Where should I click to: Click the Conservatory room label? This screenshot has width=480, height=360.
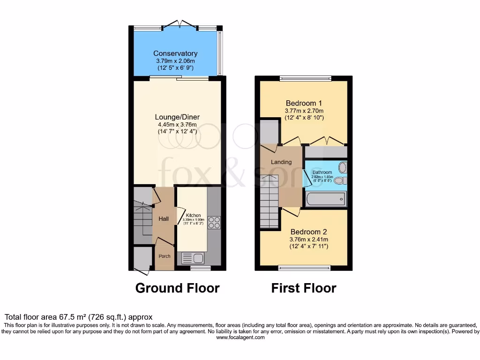coord(176,53)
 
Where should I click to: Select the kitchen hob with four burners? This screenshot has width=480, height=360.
coord(214,223)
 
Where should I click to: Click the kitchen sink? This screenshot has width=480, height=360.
coord(192,257)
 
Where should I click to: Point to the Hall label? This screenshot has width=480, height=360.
coord(164,219)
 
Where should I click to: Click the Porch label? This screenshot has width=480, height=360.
coord(164,256)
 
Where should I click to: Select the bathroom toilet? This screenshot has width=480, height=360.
coord(340,180)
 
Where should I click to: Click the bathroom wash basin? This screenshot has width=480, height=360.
coord(343,167)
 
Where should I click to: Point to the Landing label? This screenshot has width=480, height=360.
coord(281,162)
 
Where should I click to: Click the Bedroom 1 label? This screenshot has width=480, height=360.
coord(304,103)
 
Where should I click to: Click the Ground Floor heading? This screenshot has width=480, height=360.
coord(177,288)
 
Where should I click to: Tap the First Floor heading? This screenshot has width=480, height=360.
coord(303,288)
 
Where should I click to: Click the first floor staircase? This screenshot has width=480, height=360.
coord(270,202)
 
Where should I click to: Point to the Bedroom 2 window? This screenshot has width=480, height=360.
coord(304,268)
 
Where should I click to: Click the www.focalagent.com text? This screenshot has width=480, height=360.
coord(240,337)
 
